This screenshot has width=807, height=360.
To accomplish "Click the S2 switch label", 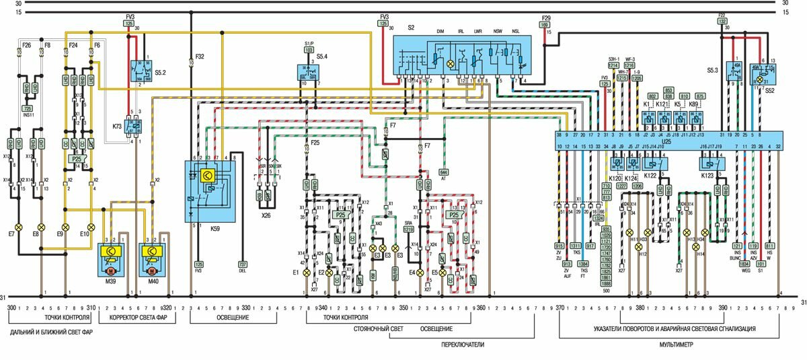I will pos(411,29).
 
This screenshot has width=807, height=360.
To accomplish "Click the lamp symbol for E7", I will pos(20,227).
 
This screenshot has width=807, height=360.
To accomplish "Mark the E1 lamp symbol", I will pos(307,273).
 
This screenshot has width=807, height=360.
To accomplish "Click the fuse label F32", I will pos(200,57).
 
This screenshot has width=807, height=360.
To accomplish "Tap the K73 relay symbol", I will pos(134,124).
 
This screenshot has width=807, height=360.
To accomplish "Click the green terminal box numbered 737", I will pos(243,265).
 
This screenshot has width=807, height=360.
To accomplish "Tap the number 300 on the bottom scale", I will pos(12,308).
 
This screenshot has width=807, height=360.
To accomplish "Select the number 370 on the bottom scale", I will pos(561,308).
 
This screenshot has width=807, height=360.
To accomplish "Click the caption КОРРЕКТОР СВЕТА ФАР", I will pos(137,318).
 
